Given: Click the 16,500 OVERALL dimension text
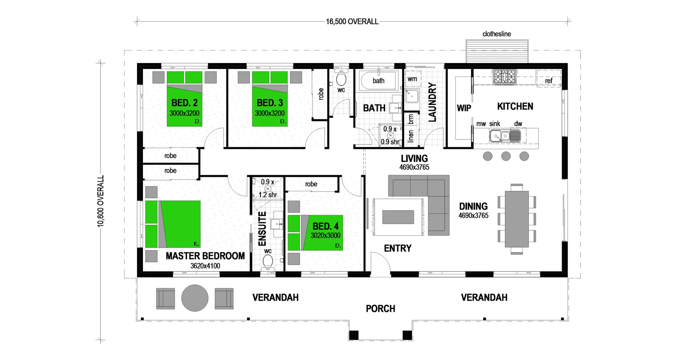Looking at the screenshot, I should (352, 22).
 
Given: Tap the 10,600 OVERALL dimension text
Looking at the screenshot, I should (101, 201).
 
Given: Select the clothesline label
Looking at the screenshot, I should (496, 34).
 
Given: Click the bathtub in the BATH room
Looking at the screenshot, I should (379, 81).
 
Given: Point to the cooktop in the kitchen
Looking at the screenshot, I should (504, 77).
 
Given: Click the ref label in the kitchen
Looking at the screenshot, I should (549, 81).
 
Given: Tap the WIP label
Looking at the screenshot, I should (464, 108).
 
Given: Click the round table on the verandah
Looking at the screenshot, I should (195, 298).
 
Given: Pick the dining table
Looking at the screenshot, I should (517, 219).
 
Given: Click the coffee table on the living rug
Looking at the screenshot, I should (398, 217).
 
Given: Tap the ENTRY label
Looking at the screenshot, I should (398, 249).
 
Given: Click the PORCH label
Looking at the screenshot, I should (380, 309).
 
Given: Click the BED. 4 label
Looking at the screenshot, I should (325, 226).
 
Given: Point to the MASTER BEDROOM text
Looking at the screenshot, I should (205, 256).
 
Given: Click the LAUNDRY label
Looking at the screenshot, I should (432, 102).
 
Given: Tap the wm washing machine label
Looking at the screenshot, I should (412, 79).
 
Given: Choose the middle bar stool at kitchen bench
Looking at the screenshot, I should (506, 156).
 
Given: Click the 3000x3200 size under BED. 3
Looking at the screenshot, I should (270, 113).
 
